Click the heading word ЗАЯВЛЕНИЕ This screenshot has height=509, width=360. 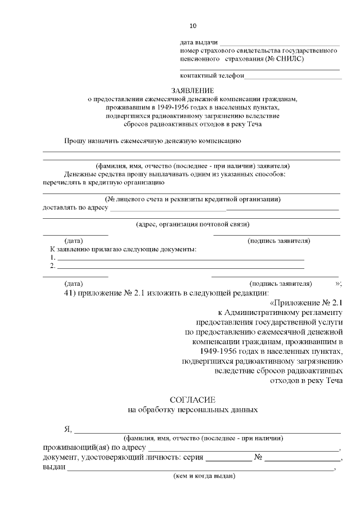193,90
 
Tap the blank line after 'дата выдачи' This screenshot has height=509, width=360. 279,43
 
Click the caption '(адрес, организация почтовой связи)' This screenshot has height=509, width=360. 192,224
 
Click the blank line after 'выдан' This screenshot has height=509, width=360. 201,467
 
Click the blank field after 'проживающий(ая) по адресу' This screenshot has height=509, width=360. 243,448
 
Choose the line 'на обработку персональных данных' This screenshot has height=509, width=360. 193,410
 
